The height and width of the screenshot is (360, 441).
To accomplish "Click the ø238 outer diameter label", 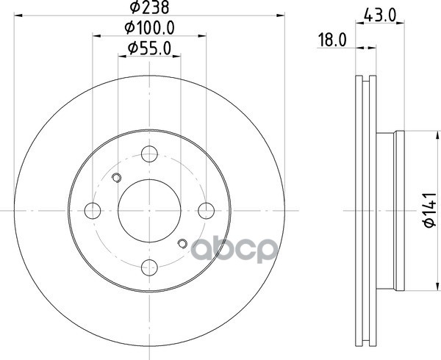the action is (x=149, y=7).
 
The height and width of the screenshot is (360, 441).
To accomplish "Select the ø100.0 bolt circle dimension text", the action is (x=150, y=28).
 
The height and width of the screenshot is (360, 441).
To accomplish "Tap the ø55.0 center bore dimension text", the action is (x=149, y=48).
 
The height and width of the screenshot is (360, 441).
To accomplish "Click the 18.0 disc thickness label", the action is (x=332, y=40).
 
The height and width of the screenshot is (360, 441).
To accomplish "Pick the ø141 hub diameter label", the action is (x=429, y=210).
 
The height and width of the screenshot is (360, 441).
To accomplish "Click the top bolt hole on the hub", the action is (x=149, y=154).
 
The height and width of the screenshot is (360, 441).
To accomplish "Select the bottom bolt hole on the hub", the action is (x=149, y=267).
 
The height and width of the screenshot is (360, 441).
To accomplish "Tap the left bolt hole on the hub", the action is (x=93, y=211).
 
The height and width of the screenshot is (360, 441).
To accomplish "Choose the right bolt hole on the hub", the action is (x=206, y=211).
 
